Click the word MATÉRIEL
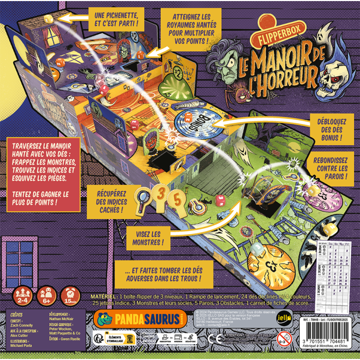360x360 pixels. tap(102, 294)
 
